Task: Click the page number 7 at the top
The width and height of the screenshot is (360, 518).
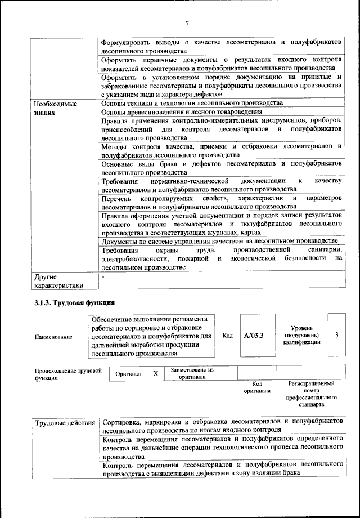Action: click(x=188, y=23)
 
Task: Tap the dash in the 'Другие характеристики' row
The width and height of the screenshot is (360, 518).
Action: click(x=103, y=278)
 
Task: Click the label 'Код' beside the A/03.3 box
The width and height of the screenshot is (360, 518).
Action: click(x=227, y=336)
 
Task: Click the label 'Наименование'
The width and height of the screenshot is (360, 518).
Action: click(x=53, y=337)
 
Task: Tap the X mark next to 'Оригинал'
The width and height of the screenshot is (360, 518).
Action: click(x=155, y=373)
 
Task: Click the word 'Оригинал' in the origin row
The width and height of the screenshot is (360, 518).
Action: click(x=128, y=374)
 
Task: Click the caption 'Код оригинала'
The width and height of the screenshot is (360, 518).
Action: click(x=256, y=387)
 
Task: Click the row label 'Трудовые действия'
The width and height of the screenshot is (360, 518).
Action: click(x=64, y=422)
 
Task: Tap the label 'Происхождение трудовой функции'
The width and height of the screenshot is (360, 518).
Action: click(x=67, y=374)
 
